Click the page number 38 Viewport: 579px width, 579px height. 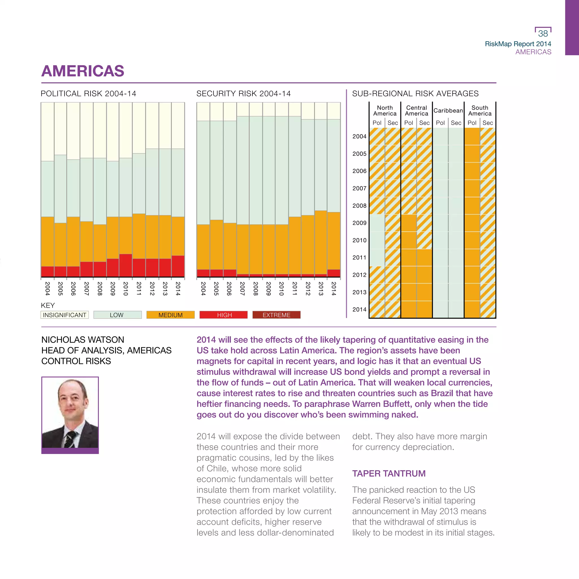click(x=543, y=33)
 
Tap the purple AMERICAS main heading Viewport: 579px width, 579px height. click(x=83, y=71)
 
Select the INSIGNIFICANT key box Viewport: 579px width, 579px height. click(x=64, y=315)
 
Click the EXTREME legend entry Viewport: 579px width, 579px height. click(x=276, y=315)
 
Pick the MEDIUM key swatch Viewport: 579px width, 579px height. click(x=170, y=315)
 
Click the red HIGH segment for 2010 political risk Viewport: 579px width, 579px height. click(x=126, y=265)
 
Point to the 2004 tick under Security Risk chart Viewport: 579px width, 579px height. click(x=203, y=288)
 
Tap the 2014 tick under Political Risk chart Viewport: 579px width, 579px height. click(x=178, y=288)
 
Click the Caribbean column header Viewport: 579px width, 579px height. click(x=448, y=111)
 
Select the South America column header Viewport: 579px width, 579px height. click(x=480, y=111)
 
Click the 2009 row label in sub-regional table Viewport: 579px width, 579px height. click(x=359, y=223)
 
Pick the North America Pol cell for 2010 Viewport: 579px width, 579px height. click(x=377, y=240)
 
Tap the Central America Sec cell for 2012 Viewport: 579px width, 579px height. click(x=424, y=275)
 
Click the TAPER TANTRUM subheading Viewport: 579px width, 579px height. click(x=389, y=473)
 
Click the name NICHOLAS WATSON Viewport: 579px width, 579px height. click(x=83, y=340)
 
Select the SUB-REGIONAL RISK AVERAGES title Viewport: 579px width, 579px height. click(x=415, y=94)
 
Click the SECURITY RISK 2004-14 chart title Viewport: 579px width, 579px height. click(x=243, y=94)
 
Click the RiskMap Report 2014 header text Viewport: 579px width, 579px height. click(x=518, y=44)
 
